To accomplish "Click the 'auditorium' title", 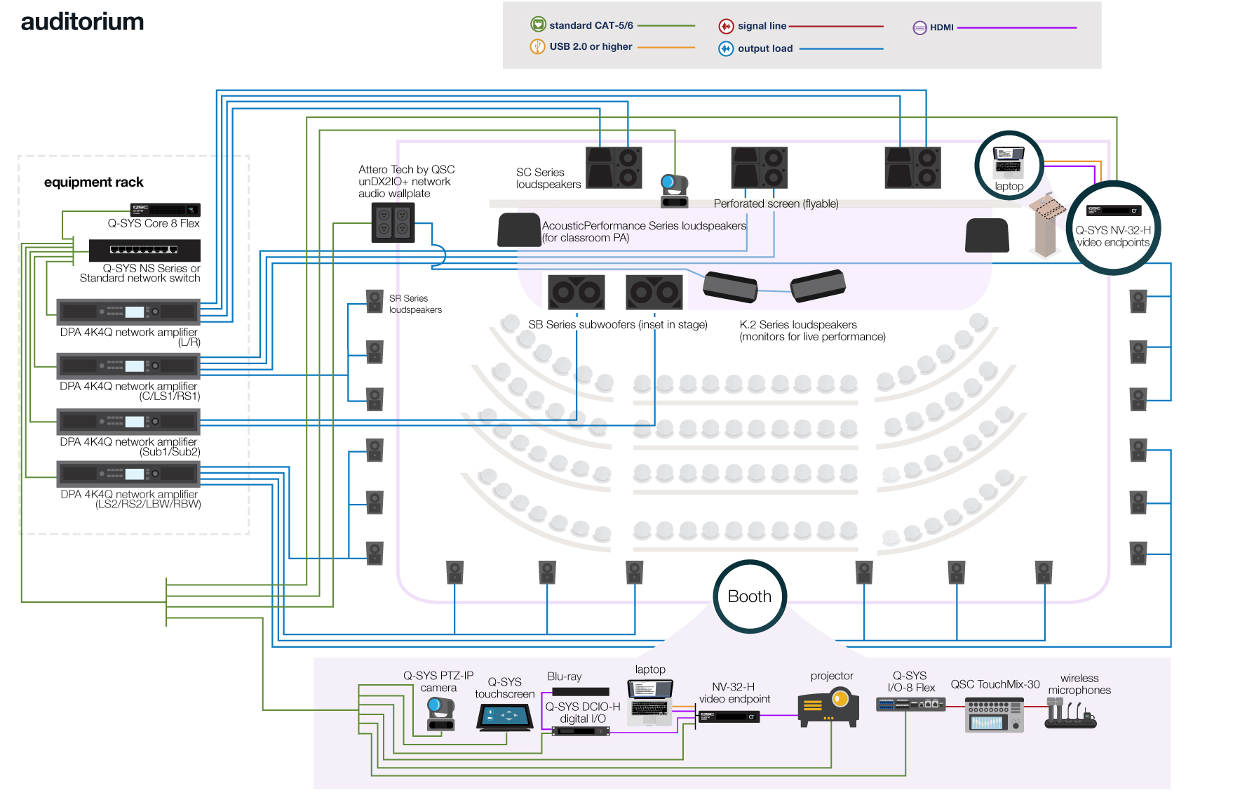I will click(x=82, y=22).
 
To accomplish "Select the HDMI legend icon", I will click(x=919, y=28).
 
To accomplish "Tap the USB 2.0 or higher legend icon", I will click(x=537, y=47).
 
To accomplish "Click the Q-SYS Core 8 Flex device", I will click(x=166, y=209).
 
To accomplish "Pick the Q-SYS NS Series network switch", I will click(x=144, y=250).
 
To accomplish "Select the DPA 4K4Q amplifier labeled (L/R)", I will click(x=128, y=312).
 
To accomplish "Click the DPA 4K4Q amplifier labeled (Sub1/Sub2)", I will click(x=128, y=422).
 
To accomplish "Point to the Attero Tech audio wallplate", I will click(x=393, y=222).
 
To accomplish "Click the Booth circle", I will click(x=750, y=596).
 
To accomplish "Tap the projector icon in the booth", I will click(x=828, y=707).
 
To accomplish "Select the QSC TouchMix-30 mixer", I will click(x=994, y=715).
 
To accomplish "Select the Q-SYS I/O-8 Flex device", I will click(x=910, y=704).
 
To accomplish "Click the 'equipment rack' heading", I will click(x=93, y=182).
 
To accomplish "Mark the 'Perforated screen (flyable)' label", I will click(x=776, y=204).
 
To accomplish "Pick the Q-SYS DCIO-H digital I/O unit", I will click(x=580, y=731).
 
